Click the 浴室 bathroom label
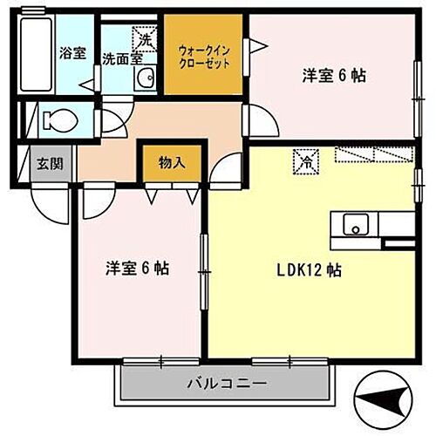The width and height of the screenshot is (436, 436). coord(72,53)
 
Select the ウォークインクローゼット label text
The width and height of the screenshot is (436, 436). coord(203,58)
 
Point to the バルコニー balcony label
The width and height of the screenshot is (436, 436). coord(227,383)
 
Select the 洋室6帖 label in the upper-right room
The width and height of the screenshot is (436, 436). coord(333,76)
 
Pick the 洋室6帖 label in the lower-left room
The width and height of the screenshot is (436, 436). coord(138,269)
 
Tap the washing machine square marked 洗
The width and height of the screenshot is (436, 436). coord(144,37)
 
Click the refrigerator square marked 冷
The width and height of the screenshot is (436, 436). coord(306,160)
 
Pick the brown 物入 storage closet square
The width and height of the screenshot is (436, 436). coord(172,165)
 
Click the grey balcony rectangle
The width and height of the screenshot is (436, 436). coord(227,383)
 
